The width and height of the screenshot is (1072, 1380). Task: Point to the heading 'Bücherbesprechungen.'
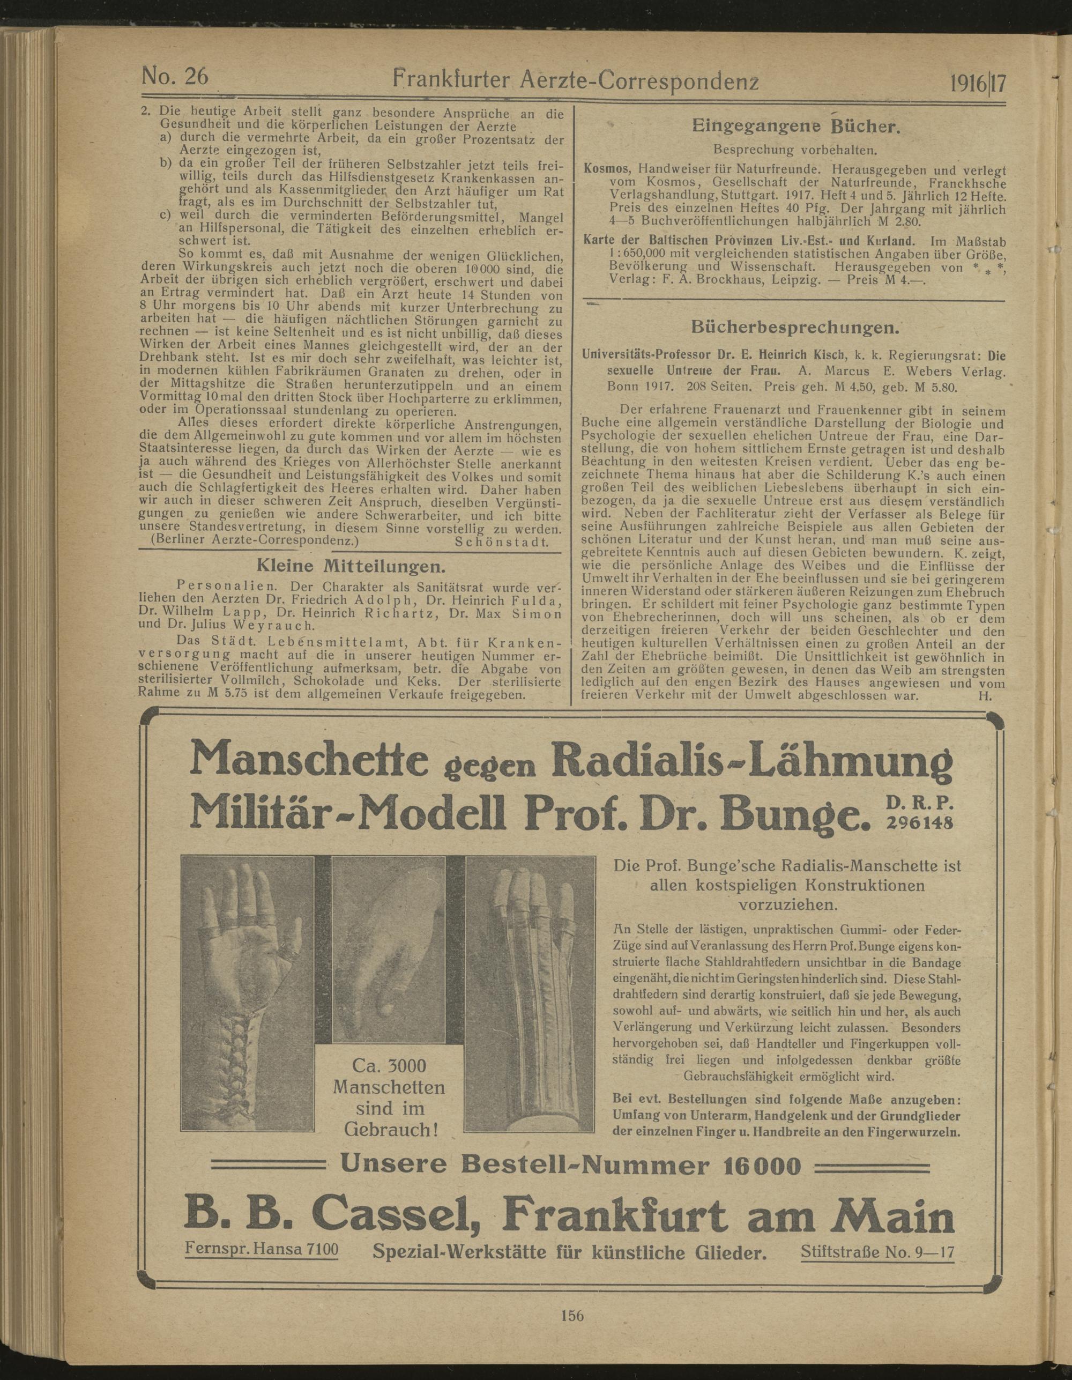[793, 328]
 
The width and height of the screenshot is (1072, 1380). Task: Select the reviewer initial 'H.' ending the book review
[983, 696]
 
